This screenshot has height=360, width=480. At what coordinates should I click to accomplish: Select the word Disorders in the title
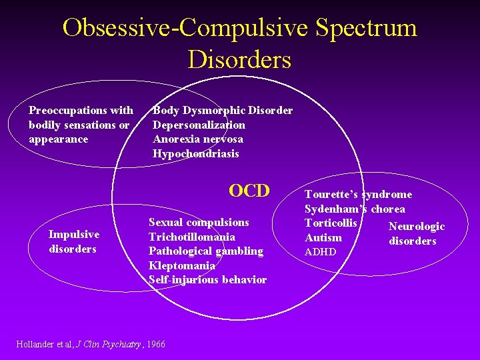tap(239, 59)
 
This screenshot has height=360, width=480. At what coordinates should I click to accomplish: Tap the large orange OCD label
tap(249, 191)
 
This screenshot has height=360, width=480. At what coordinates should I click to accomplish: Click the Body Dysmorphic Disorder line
tap(223, 110)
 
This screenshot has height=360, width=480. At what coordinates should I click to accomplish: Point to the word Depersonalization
tap(199, 125)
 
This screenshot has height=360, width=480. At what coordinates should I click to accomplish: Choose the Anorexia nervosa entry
tap(198, 139)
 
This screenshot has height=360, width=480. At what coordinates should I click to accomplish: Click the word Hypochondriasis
tap(196, 153)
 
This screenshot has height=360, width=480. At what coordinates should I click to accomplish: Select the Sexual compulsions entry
tap(199, 222)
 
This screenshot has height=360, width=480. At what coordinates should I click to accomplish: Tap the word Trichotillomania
tap(192, 237)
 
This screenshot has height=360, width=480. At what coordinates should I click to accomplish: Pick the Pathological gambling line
tap(206, 251)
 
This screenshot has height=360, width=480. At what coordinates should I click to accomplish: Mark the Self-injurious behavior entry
tap(207, 279)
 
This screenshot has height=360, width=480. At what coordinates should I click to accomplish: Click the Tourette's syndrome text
tap(358, 194)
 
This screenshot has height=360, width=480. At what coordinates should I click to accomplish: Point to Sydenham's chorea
tap(355, 209)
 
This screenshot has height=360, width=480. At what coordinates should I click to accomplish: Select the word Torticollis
tap(331, 222)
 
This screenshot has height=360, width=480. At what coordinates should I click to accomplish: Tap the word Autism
tap(323, 237)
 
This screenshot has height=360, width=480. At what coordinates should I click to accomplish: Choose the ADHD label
tap(321, 252)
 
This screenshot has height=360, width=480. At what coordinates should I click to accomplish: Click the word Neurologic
tap(416, 227)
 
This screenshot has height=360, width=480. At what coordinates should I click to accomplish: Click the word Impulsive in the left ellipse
tap(74, 234)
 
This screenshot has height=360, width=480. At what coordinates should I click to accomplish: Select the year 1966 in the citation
tap(155, 344)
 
